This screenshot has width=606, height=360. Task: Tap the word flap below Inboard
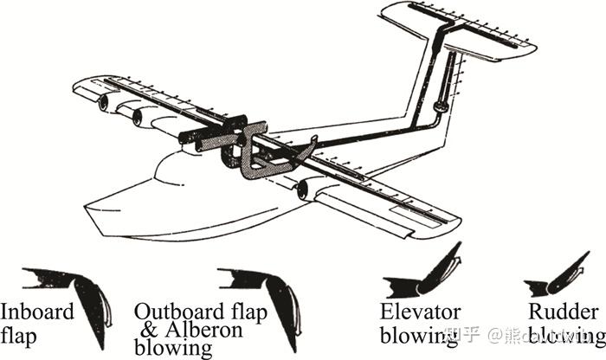[19, 332]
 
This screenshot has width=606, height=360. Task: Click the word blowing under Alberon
[173, 348]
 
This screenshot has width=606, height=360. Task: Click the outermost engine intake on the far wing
[106, 103]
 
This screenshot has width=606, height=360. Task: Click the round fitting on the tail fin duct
[440, 106]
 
